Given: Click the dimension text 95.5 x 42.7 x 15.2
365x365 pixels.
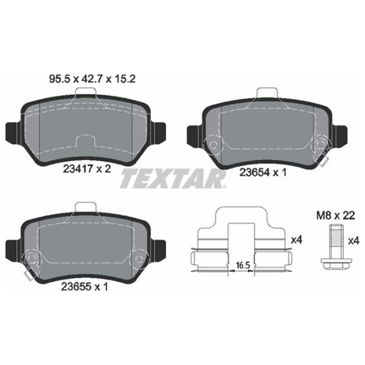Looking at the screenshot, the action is tap(92, 79).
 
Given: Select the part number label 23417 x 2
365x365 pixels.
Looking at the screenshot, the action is tap(87, 169).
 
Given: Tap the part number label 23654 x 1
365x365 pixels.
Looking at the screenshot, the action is tap(263, 173).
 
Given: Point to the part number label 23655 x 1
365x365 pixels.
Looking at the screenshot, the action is tap(85, 287).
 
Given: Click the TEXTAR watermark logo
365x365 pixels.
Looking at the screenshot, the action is tap(173, 178).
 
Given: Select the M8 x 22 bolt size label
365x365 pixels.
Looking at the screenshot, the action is tap(336, 215).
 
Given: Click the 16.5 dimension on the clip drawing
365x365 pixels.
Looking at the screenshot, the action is tap(243, 265).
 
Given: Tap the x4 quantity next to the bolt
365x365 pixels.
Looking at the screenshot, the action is tap(354, 241).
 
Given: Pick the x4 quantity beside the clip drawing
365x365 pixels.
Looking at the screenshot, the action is tap(297, 240).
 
